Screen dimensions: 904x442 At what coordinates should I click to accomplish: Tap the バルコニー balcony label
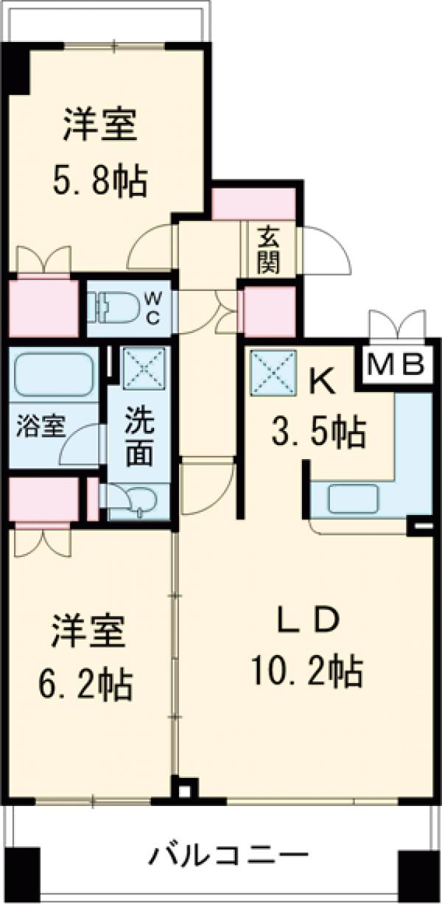228,857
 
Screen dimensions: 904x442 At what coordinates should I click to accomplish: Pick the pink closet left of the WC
43,307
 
